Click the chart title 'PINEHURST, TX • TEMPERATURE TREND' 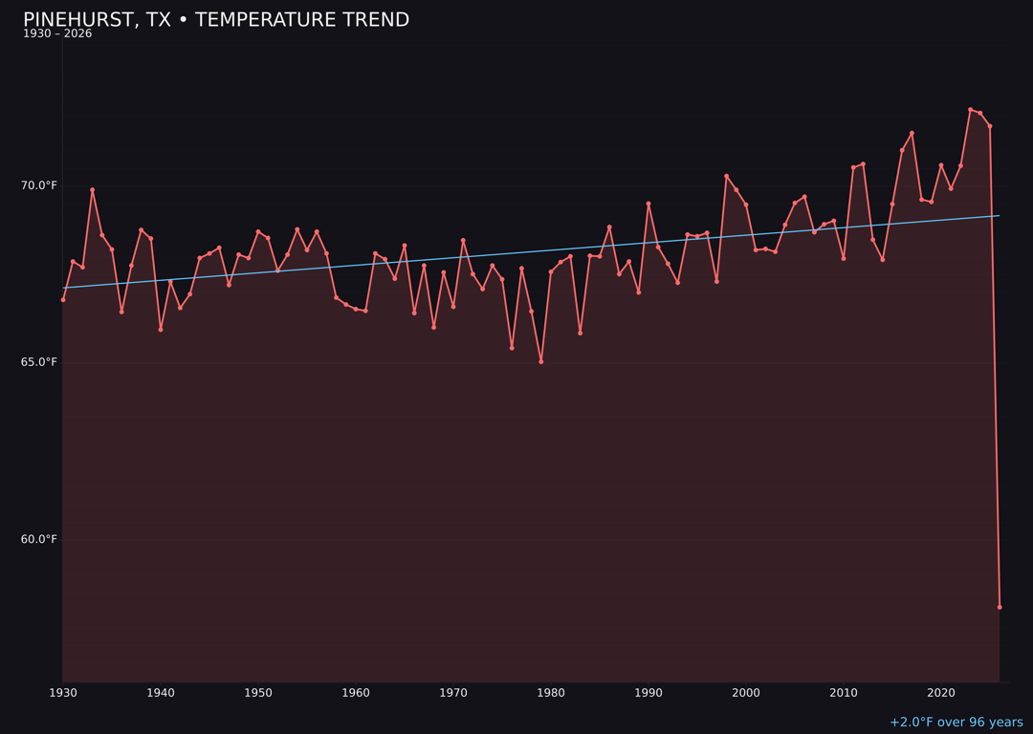pyautogui.click(x=216, y=20)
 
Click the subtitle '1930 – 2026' pyautogui.click(x=57, y=34)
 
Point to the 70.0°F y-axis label pyautogui.click(x=40, y=185)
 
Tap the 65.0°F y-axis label pyautogui.click(x=40, y=362)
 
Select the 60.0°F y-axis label pyautogui.click(x=40, y=539)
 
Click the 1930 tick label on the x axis pyautogui.click(x=63, y=693)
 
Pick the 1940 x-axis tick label pyautogui.click(x=161, y=693)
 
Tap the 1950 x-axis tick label pyautogui.click(x=258, y=693)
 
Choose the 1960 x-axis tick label pyautogui.click(x=356, y=693)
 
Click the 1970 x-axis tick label pyautogui.click(x=453, y=693)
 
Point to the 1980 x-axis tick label pyautogui.click(x=551, y=693)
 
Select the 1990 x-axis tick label pyautogui.click(x=648, y=693)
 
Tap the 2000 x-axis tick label pyautogui.click(x=746, y=693)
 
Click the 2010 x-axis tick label pyautogui.click(x=844, y=693)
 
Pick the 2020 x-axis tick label pyautogui.click(x=941, y=693)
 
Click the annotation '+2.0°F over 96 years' pyautogui.click(x=956, y=723)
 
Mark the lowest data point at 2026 pyautogui.click(x=1000, y=607)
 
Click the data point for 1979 pyautogui.click(x=541, y=361)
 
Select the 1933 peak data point pyautogui.click(x=93, y=190)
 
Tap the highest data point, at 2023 pyautogui.click(x=970, y=110)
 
